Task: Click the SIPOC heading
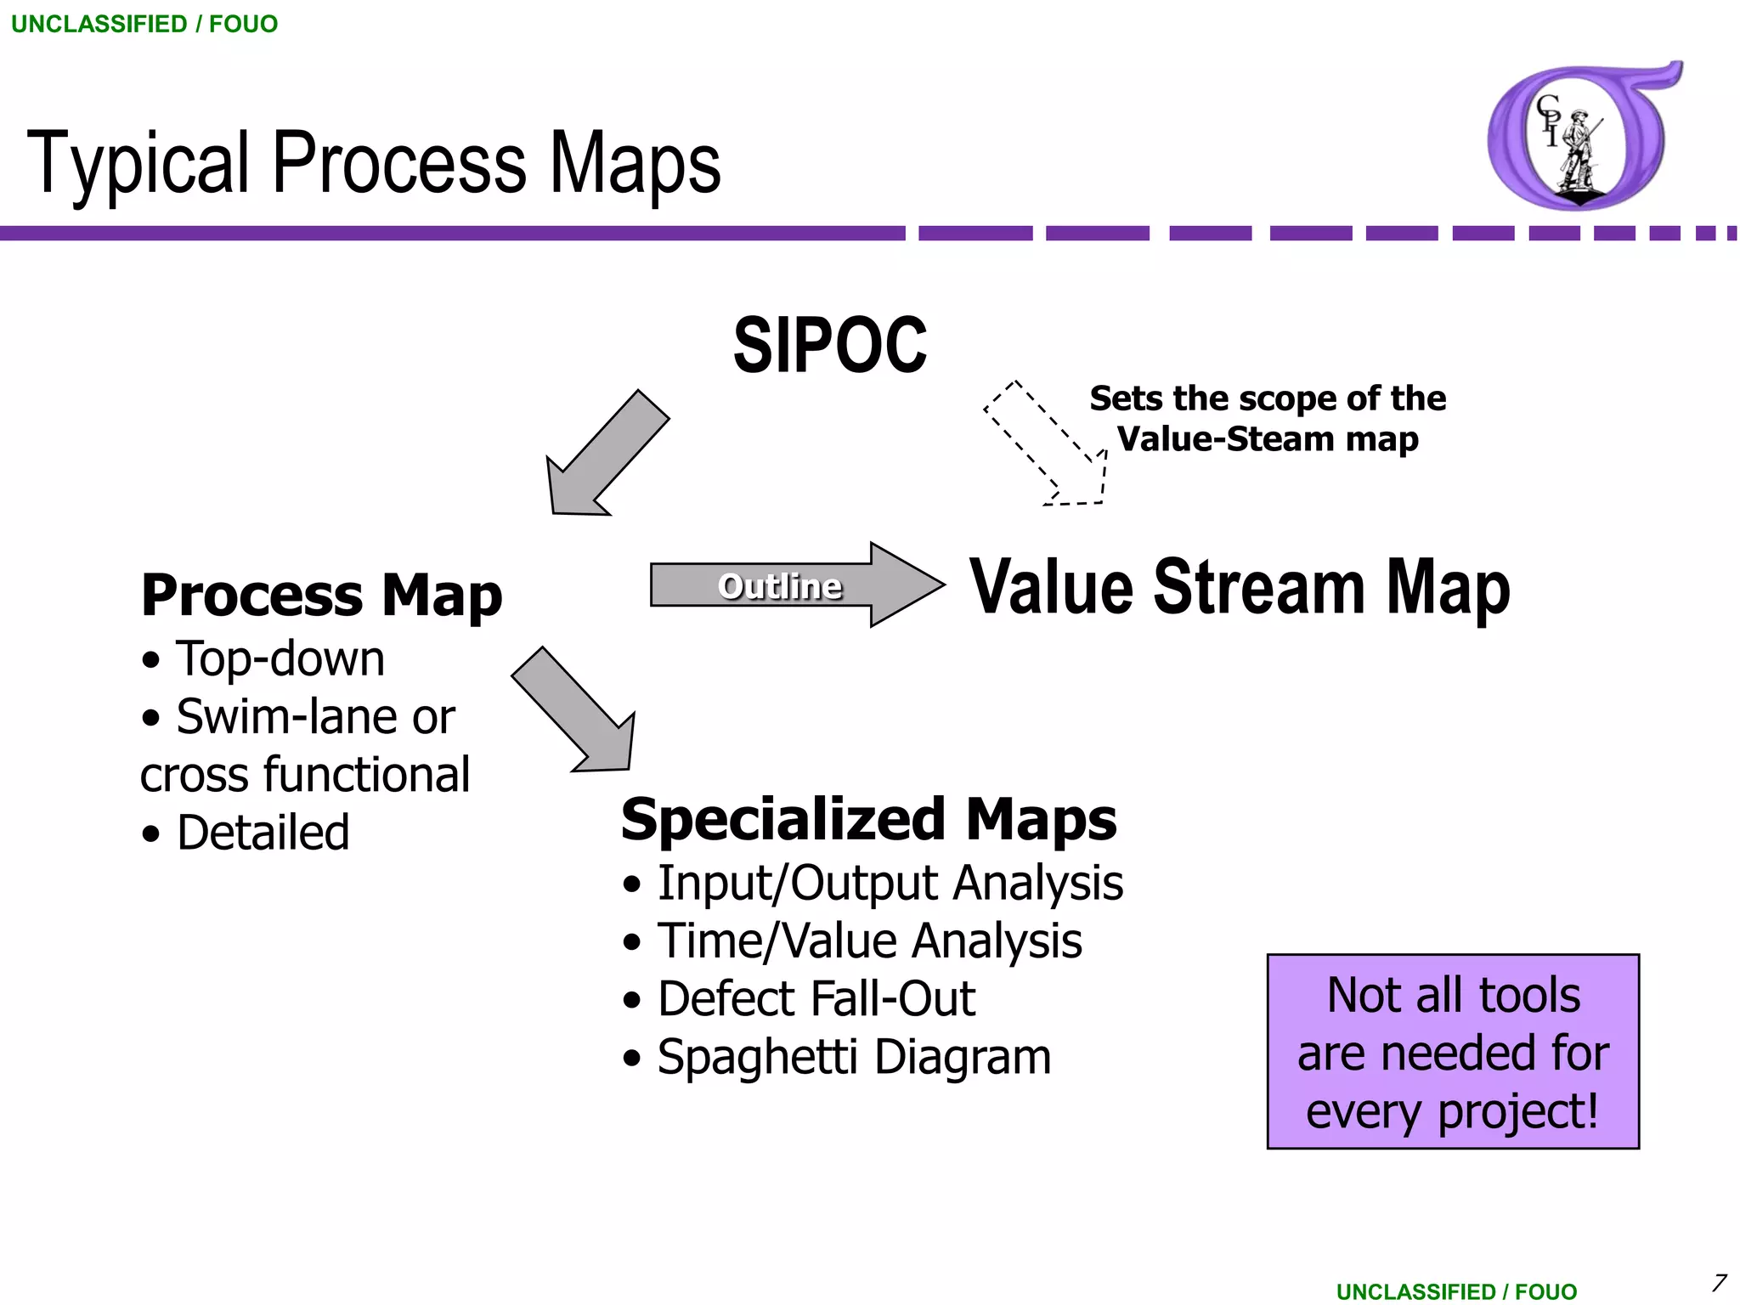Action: (830, 345)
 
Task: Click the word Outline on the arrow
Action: (780, 586)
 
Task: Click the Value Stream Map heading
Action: (1240, 587)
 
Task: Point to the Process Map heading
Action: (321, 595)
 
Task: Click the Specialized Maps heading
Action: (868, 819)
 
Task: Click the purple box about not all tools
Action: (1452, 1052)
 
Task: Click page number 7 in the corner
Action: (1719, 1282)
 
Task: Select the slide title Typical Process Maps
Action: (374, 163)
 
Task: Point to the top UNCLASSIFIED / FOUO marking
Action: (144, 24)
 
